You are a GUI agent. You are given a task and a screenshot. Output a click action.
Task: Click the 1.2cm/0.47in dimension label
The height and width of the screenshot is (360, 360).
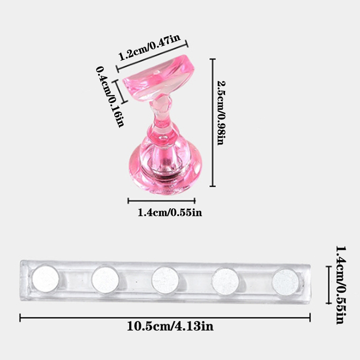tap(149, 48)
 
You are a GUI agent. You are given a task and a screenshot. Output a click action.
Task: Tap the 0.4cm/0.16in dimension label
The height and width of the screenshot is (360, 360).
tap(110, 97)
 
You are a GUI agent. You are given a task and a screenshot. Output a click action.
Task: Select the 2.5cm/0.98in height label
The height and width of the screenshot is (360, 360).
tap(221, 113)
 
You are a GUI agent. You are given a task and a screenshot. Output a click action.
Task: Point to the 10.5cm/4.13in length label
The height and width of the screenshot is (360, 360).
tap(170, 326)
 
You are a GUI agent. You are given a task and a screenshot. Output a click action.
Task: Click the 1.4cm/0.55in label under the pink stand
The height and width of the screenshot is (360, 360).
tap(170, 212)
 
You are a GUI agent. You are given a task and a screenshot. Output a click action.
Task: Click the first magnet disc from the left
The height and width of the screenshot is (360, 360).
tap(45, 279)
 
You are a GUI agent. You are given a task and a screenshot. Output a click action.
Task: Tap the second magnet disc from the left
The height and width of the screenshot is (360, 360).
tap(105, 279)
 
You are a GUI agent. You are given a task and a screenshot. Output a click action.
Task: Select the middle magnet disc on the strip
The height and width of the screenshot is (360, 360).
tap(165, 280)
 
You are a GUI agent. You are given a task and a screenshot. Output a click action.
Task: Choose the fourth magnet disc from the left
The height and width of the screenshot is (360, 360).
tap(225, 281)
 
